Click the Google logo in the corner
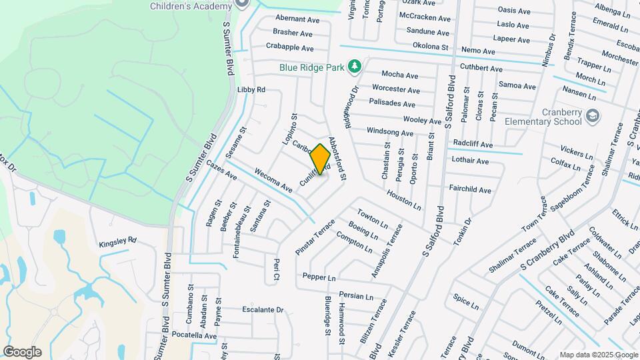(22, 352)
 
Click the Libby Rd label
(251, 89)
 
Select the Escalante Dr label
(263, 310)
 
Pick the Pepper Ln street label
(319, 277)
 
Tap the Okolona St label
(429, 47)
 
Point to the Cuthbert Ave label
(481, 68)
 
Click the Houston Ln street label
(403, 199)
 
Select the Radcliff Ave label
(473, 144)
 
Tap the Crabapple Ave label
(289, 48)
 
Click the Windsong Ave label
(390, 133)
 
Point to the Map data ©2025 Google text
(599, 355)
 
